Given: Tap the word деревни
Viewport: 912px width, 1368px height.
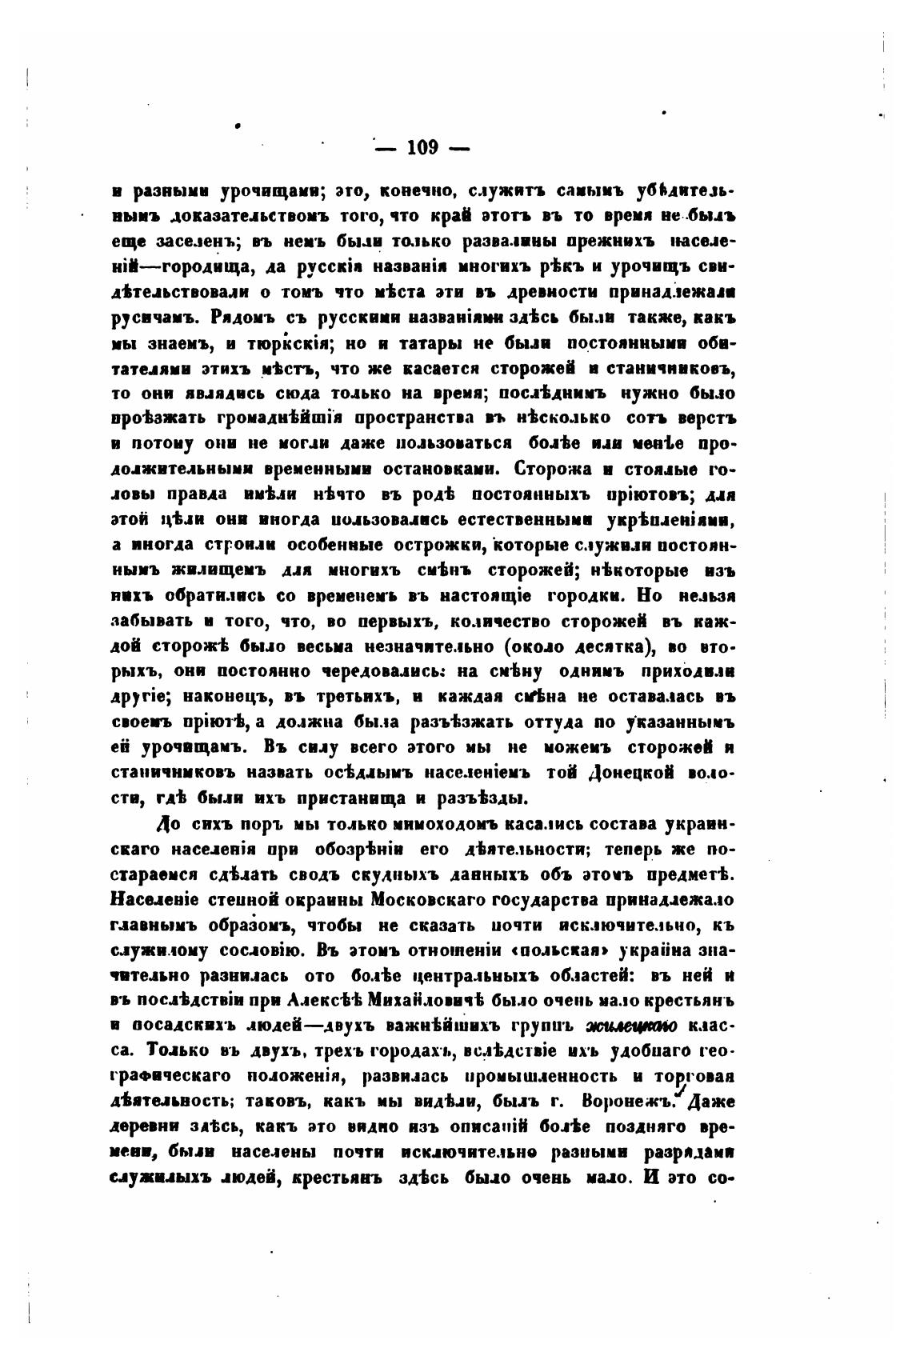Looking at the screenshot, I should (x=143, y=1126).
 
